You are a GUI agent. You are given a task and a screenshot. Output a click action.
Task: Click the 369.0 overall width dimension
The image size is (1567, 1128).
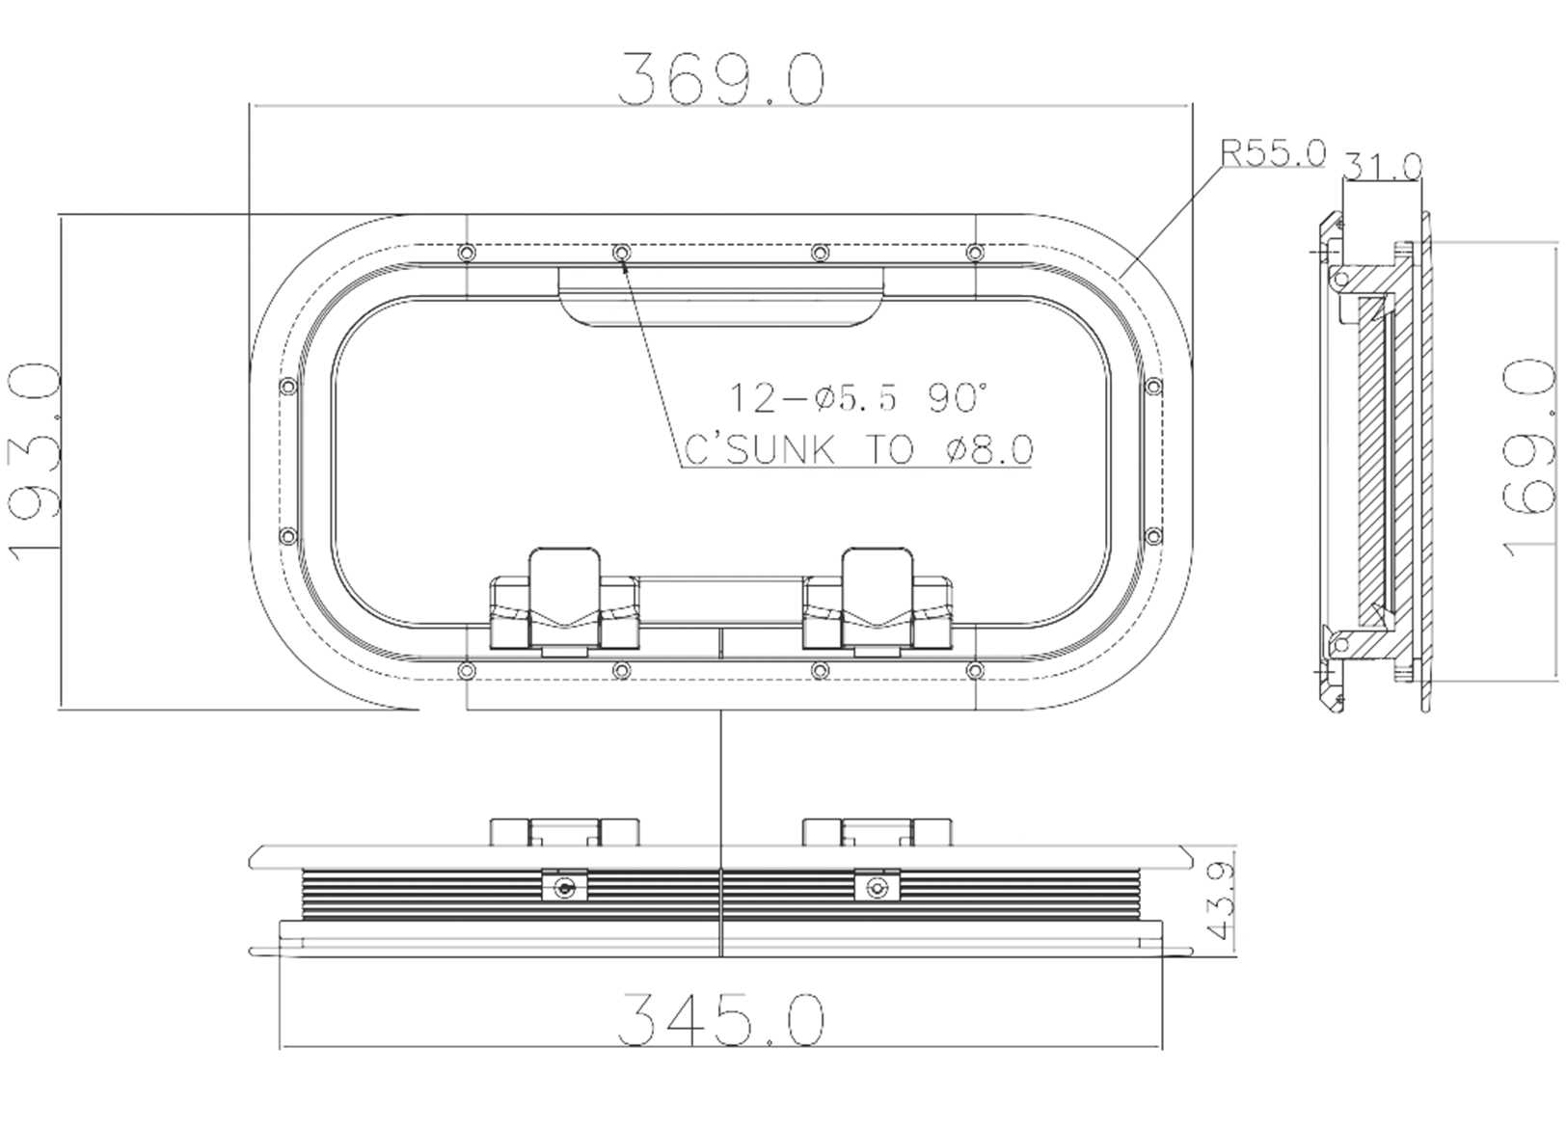[720, 79]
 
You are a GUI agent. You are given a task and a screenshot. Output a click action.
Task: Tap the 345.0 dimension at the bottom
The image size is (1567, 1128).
[720, 1019]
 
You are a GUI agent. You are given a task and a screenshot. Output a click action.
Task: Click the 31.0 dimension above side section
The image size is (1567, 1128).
[1382, 167]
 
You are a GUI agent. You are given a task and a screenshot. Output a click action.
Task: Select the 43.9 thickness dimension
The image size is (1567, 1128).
[1221, 901]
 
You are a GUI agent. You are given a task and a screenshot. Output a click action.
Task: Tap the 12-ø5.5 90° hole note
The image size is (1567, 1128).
[856, 398]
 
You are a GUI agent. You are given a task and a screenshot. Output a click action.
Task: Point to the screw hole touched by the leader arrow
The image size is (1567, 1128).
[621, 253]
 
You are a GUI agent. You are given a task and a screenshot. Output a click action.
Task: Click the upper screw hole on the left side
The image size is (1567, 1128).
[286, 388]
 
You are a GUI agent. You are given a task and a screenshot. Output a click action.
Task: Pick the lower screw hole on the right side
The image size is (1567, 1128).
[1152, 536]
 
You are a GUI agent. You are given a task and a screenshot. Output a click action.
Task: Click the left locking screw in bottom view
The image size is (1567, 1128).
[565, 888]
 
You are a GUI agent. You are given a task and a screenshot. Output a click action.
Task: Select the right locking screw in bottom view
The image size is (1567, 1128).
[876, 888]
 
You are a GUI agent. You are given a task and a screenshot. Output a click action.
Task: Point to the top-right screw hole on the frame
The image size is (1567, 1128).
[975, 253]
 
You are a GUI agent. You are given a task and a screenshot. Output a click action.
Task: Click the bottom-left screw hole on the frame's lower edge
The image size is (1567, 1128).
[466, 670]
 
